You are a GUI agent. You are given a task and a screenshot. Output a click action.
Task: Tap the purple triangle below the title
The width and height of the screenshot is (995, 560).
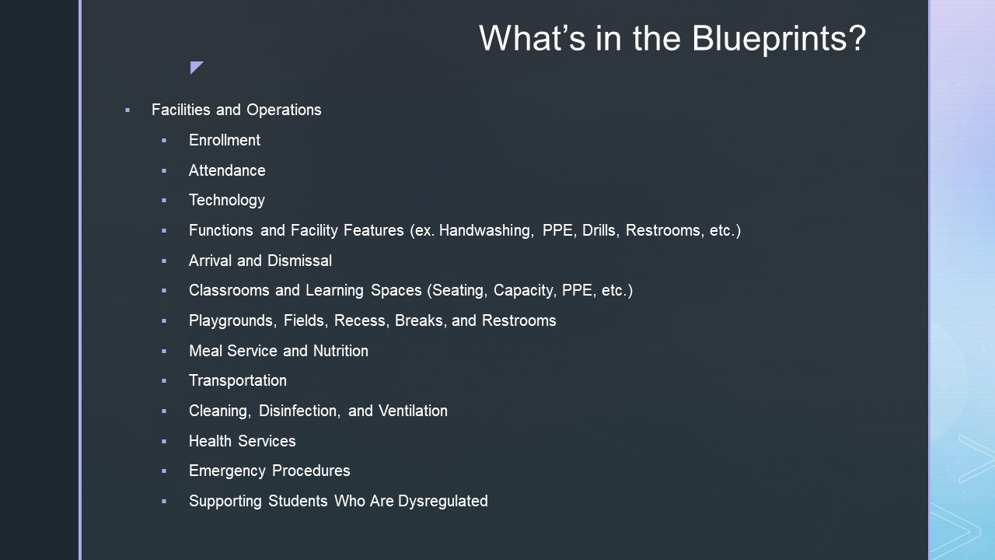click(x=195, y=67)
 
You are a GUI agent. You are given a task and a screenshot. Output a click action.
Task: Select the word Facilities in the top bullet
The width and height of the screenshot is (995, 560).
click(x=181, y=110)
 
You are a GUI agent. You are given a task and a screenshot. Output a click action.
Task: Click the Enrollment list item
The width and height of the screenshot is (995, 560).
click(x=225, y=140)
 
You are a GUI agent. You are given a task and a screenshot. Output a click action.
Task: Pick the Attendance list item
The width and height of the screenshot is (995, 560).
click(x=227, y=170)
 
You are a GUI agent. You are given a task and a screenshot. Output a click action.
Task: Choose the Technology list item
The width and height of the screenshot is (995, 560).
click(x=226, y=201)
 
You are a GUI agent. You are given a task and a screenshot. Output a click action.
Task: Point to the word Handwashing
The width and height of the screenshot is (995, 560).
click(x=487, y=231)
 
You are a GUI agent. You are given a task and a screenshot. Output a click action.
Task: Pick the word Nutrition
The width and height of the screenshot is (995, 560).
click(x=340, y=351)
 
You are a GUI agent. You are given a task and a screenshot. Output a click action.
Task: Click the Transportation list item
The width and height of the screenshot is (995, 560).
click(x=238, y=381)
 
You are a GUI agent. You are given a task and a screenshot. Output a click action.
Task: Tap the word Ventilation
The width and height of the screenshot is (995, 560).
click(x=413, y=411)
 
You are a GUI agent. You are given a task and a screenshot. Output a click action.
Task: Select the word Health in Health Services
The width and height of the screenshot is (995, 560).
click(x=210, y=441)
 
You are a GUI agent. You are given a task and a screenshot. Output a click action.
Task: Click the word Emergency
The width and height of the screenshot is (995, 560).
click(x=228, y=471)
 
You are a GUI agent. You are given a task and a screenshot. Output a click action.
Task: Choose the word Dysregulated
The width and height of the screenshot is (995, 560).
click(x=443, y=502)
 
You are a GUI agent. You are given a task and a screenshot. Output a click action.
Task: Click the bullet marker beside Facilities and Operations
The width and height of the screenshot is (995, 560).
click(x=127, y=110)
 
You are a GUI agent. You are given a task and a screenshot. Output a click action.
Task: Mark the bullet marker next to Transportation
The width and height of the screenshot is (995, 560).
click(x=164, y=381)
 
